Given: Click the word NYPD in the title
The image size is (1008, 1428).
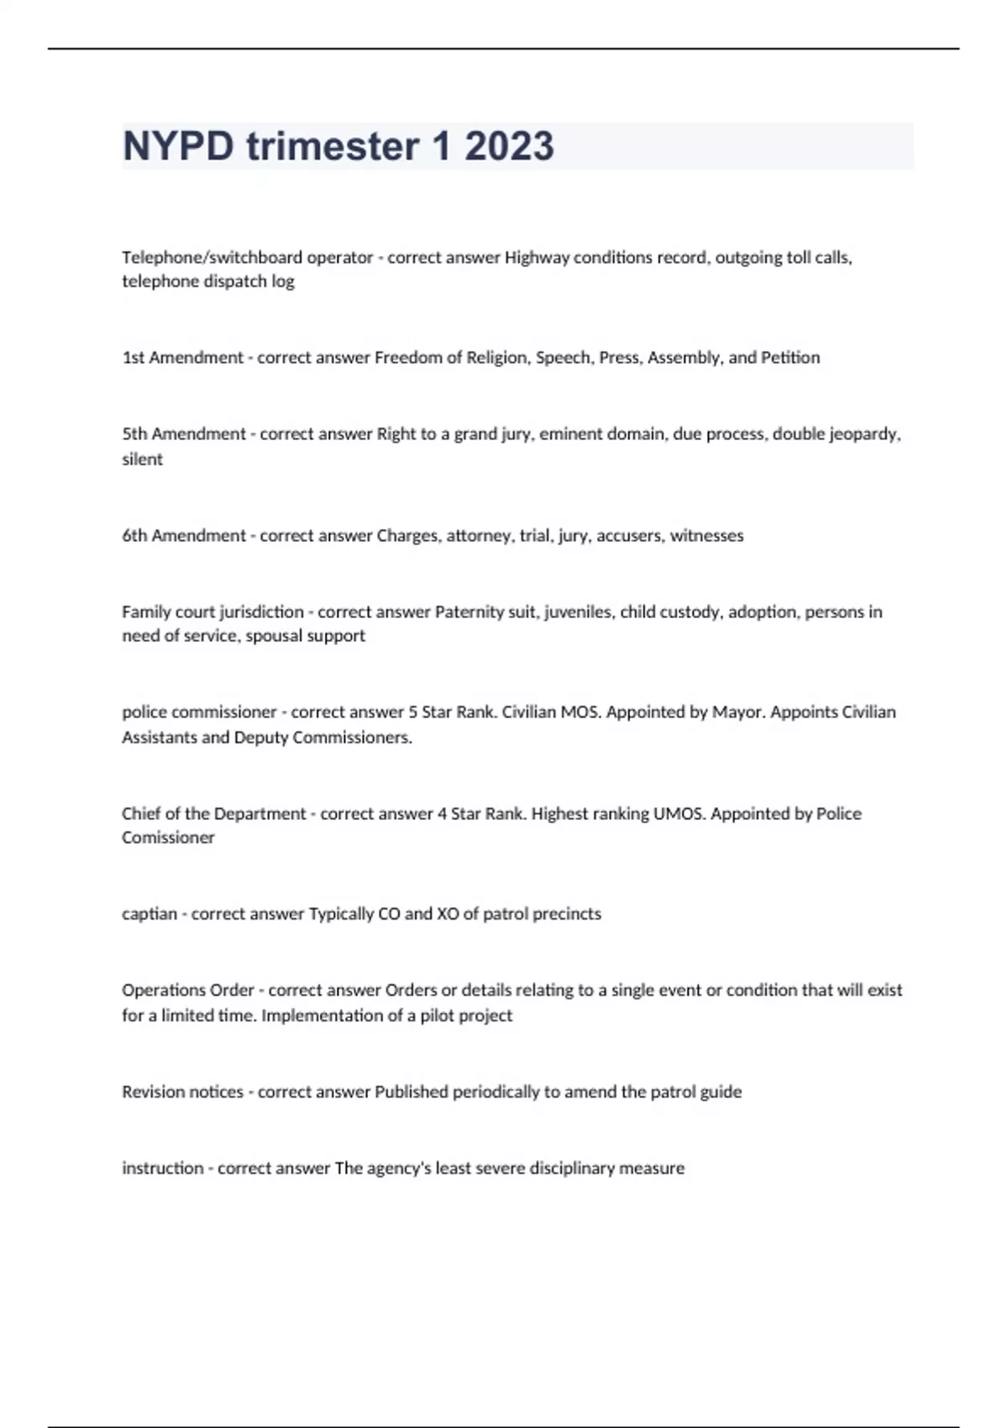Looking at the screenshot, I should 178,146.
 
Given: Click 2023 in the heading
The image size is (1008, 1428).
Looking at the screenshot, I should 509,146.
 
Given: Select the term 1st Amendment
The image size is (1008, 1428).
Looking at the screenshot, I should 183,358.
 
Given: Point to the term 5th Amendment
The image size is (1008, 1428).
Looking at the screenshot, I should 184,434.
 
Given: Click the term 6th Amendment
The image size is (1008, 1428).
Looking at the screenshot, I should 184,536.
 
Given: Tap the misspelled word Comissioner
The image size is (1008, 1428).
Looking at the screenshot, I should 168,837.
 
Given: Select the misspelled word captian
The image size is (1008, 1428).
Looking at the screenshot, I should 150,914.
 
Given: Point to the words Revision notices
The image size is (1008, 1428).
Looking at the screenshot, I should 182,1092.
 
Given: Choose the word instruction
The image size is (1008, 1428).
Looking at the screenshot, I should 163,1168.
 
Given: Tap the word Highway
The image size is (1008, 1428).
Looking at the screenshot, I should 536,258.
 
